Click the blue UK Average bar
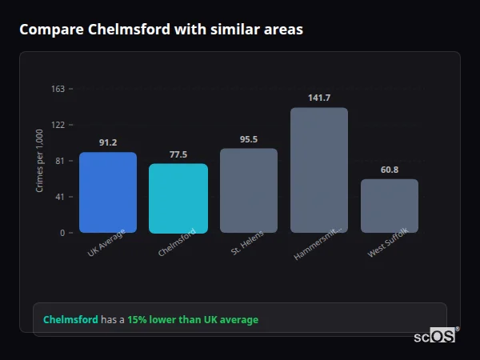coord(108,192)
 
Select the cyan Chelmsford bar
coord(178,198)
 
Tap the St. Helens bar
coord(249,190)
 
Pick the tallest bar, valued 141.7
coord(319,170)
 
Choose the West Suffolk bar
coord(390,206)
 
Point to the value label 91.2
coord(108,142)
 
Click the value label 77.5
coord(178,154)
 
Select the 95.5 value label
coord(249,139)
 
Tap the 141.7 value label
coord(319,98)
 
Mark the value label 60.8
coord(390,170)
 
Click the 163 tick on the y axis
coord(58,89)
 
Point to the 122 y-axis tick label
coord(58,125)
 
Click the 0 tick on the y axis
coord(62,233)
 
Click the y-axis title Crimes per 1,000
coord(40,161)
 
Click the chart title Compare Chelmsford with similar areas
coord(161,30)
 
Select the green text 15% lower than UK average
coord(193,320)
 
